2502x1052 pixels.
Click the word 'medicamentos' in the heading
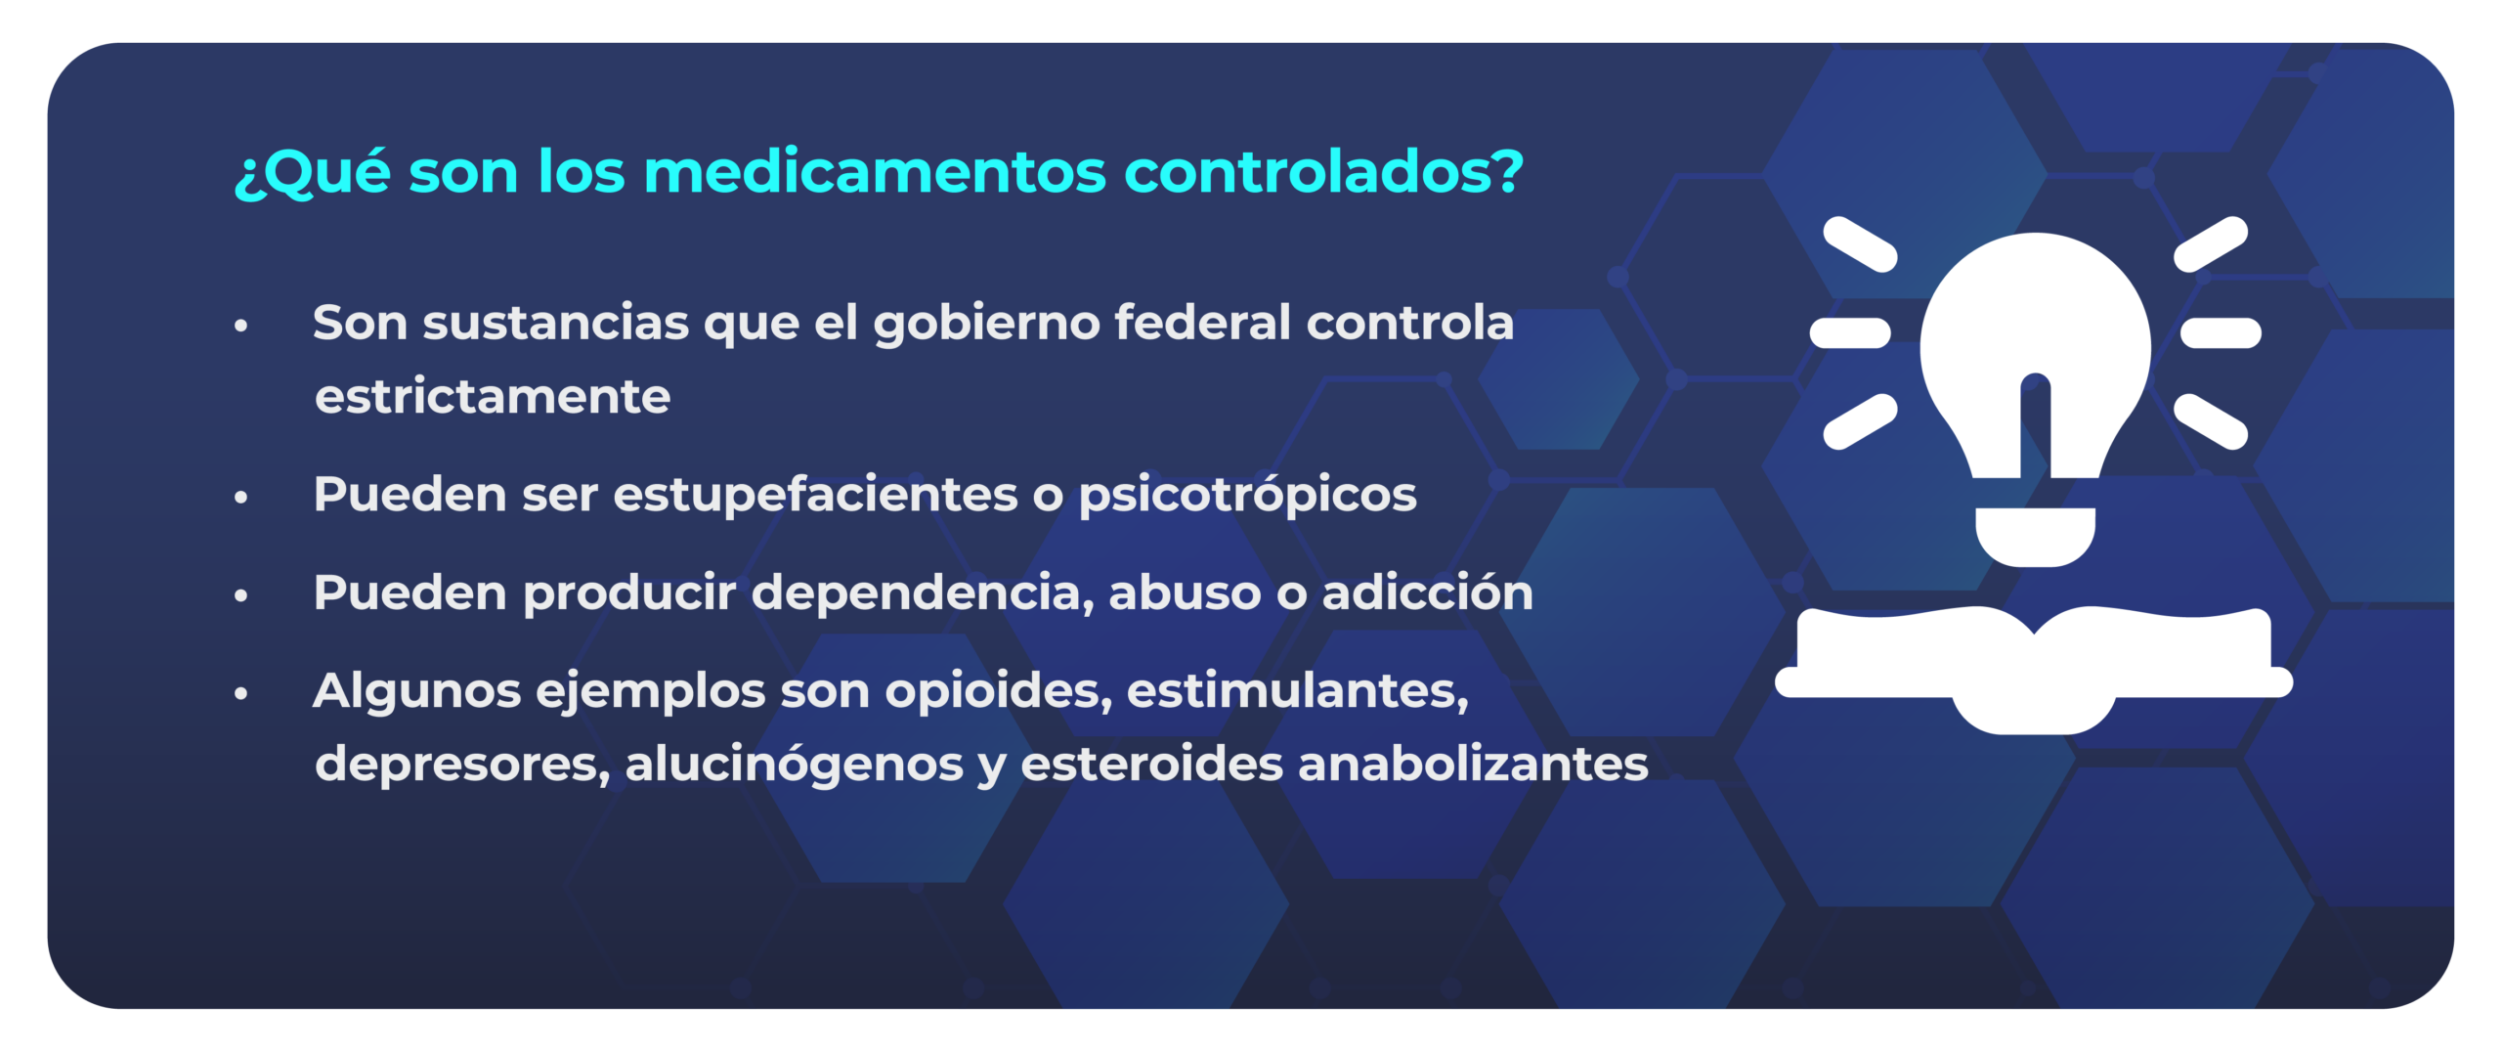[875, 171]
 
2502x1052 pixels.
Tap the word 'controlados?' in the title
[1324, 171]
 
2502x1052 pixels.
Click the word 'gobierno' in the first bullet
[986, 324]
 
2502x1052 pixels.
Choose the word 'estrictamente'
[493, 396]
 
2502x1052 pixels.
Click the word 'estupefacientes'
[815, 494]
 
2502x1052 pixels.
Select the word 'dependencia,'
[923, 593]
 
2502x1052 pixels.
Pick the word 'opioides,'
[998, 691]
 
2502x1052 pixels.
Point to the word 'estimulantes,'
[1298, 690]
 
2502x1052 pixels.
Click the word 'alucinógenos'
[795, 765]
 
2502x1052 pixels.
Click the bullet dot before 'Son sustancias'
[241, 326]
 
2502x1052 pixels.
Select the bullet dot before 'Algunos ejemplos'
[241, 693]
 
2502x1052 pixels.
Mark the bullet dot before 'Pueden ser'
[241, 498]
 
